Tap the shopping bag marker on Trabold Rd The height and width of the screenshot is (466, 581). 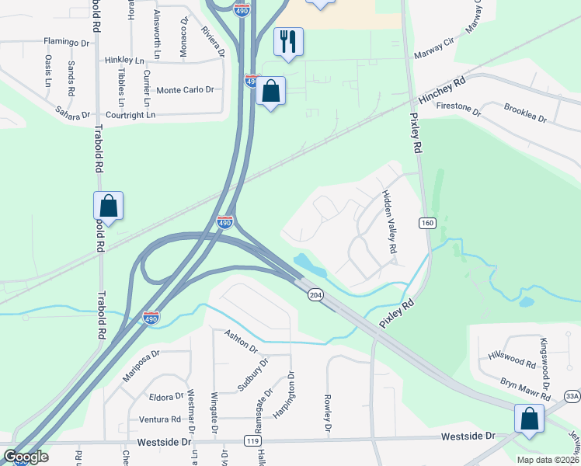point(108,207)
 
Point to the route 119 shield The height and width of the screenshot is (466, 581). point(252,440)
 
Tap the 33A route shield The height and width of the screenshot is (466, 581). point(572,396)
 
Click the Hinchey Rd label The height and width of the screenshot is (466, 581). point(441,92)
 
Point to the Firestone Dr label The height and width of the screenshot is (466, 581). point(460,109)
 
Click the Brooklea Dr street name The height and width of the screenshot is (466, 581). point(525,113)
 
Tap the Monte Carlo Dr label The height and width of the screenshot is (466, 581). point(185,90)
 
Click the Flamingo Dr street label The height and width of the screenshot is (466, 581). point(68,41)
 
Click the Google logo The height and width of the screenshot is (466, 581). point(25,457)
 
